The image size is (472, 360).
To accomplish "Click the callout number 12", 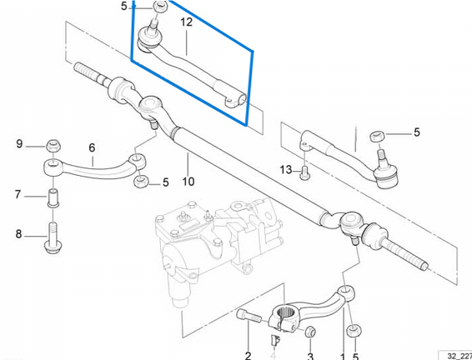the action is click(x=186, y=22).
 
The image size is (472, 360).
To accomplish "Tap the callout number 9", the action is click(x=19, y=144).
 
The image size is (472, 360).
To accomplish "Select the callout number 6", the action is click(x=92, y=147).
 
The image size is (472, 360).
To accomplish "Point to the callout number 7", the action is click(x=18, y=195).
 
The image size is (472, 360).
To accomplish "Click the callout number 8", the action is click(x=18, y=233).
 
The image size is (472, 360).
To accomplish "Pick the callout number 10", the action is click(x=188, y=182).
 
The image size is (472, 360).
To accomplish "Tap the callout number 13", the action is click(x=286, y=170).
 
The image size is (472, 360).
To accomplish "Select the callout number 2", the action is click(x=248, y=356).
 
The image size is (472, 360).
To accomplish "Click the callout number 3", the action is click(x=310, y=357).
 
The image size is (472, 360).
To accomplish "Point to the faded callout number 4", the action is click(x=274, y=356).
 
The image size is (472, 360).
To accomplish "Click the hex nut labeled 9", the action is click(x=53, y=146).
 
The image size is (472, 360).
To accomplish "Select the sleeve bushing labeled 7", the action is click(x=53, y=197).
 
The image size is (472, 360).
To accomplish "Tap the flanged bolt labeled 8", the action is click(x=53, y=238).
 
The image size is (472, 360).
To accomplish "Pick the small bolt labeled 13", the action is click(x=304, y=173).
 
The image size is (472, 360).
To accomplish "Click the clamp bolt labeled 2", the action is click(x=249, y=316).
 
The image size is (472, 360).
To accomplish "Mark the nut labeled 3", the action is click(x=310, y=332).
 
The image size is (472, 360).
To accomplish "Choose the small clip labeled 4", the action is click(x=275, y=340).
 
